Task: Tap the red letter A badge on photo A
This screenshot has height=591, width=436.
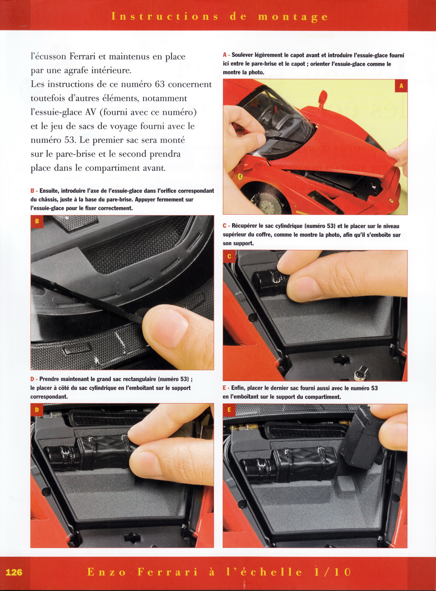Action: click(x=401, y=86)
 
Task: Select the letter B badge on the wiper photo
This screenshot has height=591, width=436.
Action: click(x=37, y=221)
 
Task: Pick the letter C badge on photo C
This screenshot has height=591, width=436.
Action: click(x=229, y=256)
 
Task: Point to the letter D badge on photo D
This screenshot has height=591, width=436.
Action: click(x=37, y=409)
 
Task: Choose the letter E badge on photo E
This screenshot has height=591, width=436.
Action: click(x=229, y=410)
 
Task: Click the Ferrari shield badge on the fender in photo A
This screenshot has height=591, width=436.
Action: click(x=240, y=176)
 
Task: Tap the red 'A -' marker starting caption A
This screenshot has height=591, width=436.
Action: click(x=226, y=55)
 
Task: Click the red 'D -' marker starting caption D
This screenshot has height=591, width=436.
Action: click(x=34, y=379)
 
